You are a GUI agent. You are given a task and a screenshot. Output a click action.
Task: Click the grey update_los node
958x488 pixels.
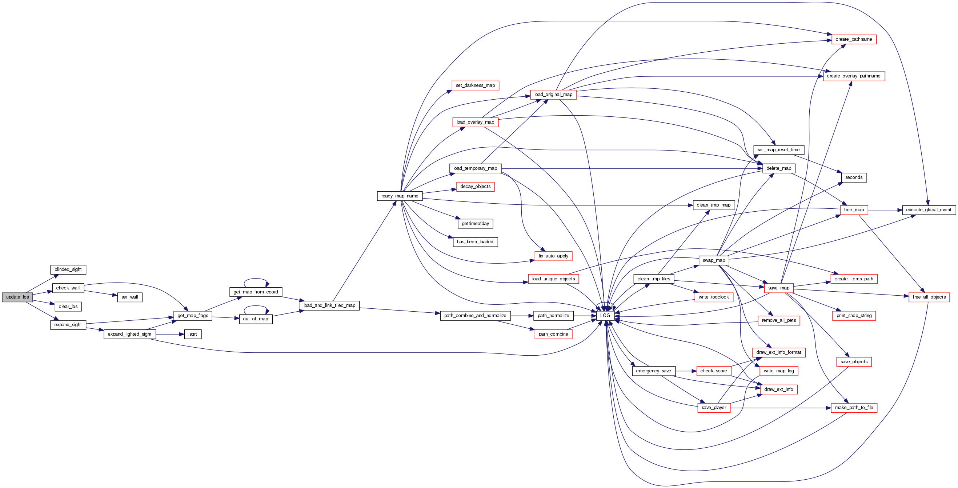click(17, 297)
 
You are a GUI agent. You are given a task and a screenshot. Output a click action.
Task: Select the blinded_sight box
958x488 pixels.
click(68, 270)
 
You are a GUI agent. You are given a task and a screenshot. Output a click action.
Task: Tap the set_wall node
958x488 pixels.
click(130, 297)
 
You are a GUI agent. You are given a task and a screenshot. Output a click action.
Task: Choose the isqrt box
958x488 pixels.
click(193, 335)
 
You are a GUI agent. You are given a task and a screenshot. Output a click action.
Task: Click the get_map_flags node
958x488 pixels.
click(193, 316)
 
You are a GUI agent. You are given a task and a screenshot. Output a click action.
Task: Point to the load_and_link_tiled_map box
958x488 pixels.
click(329, 305)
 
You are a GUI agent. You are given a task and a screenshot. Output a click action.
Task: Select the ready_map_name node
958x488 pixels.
click(400, 196)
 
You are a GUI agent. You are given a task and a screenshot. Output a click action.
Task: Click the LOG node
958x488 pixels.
click(605, 316)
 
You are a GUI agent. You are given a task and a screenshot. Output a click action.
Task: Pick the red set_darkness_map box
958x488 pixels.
click(475, 85)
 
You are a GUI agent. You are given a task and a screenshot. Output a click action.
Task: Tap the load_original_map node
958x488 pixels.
click(553, 95)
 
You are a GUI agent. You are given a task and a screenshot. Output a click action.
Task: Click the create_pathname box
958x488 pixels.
click(854, 39)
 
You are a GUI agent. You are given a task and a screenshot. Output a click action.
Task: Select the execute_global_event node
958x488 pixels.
click(929, 210)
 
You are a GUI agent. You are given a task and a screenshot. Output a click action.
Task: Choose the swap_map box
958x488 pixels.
click(714, 260)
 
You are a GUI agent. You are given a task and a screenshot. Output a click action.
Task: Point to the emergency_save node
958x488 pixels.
click(653, 371)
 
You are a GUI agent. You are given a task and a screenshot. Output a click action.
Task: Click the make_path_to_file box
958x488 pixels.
click(854, 408)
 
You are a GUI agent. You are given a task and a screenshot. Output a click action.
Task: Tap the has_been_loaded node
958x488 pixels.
click(475, 242)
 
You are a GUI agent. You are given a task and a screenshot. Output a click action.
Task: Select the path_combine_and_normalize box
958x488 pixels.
click(475, 316)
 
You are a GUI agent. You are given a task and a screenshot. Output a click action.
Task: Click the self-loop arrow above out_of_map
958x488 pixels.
click(256, 307)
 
